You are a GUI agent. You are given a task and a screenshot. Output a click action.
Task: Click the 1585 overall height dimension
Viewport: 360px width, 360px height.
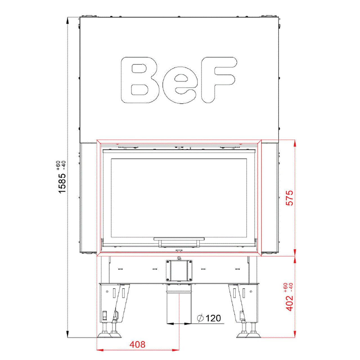tap(62, 183)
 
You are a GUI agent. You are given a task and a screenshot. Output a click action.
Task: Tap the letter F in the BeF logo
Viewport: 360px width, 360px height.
tap(219, 80)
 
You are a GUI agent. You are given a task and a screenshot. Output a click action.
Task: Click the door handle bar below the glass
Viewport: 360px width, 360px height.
tap(179, 239)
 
